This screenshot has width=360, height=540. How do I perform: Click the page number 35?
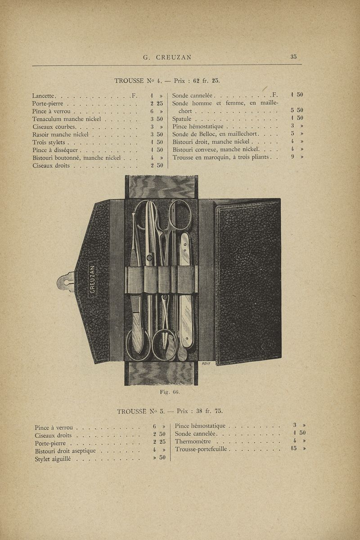click(293, 57)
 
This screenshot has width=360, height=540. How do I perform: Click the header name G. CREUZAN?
click(167, 57)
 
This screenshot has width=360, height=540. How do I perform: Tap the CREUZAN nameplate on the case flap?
click(92, 279)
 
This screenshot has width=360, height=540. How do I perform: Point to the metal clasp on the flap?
click(65, 281)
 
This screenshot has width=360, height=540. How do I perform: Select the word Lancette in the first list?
click(44, 96)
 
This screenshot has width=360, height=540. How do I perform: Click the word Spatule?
click(184, 119)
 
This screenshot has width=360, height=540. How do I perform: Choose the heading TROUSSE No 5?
click(141, 411)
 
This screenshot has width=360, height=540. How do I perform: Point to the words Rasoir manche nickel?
click(61, 134)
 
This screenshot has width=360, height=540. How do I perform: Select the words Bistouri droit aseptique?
click(65, 451)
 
